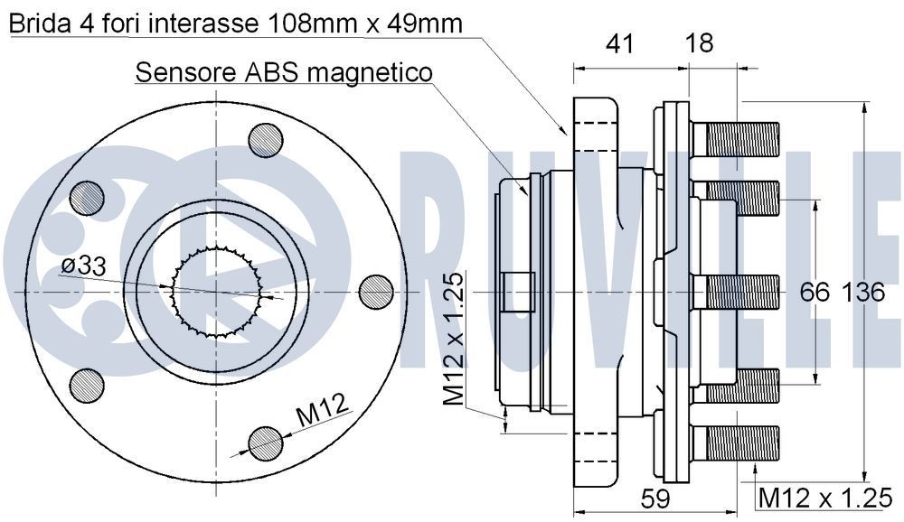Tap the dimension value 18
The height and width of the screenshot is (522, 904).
pyautogui.click(x=699, y=42)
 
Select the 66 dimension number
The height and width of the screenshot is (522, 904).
pyautogui.click(x=815, y=293)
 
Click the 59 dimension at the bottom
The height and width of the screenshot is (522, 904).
pyautogui.click(x=654, y=498)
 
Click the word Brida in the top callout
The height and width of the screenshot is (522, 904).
pyautogui.click(x=39, y=24)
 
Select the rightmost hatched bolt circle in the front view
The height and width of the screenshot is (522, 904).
pyautogui.click(x=376, y=292)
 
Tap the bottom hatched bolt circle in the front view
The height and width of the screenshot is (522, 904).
pyautogui.click(x=264, y=442)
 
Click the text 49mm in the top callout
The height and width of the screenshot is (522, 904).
pyautogui.click(x=424, y=24)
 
